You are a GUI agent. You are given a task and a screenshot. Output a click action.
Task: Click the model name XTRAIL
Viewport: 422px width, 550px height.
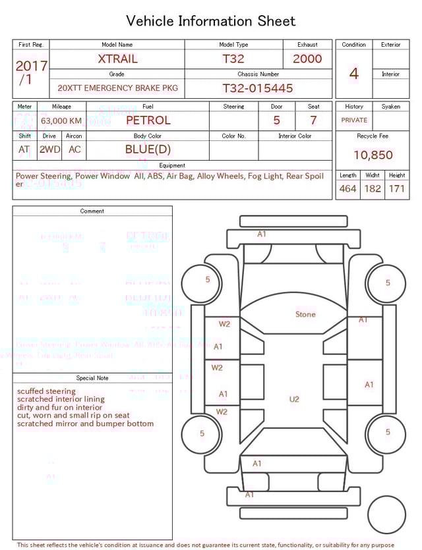tap(117, 59)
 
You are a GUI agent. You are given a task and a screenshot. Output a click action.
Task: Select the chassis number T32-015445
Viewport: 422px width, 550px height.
tap(257, 88)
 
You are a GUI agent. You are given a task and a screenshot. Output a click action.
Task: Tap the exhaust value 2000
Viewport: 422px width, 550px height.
tap(307, 59)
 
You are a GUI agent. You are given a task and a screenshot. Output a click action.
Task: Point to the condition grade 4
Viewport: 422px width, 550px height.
tap(354, 74)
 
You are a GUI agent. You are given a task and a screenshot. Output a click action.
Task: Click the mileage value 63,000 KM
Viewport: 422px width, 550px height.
tap(61, 121)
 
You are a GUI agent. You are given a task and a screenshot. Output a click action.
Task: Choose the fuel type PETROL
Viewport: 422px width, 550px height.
tap(148, 121)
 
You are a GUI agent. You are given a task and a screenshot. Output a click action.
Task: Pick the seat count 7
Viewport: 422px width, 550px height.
tap(313, 121)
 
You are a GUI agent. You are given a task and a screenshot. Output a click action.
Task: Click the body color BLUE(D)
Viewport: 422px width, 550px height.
tap(148, 150)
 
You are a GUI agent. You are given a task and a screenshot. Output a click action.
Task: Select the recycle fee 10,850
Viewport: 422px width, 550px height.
tap(373, 155)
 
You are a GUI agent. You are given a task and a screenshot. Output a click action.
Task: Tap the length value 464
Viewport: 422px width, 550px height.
tap(347, 189)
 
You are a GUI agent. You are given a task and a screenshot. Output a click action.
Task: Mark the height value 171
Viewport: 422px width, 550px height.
tap(396, 189)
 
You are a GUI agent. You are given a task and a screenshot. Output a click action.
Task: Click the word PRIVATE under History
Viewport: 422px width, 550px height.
tap(354, 121)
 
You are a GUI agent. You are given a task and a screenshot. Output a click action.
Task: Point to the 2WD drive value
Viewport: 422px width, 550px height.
tap(49, 150)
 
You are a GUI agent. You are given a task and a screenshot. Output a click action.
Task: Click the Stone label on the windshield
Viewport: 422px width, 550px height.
tap(305, 315)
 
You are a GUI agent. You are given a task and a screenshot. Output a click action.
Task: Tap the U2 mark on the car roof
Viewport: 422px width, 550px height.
tap(294, 399)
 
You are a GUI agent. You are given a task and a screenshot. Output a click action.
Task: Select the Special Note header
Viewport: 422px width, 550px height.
tap(92, 378)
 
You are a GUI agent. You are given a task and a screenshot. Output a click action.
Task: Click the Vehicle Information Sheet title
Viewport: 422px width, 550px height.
tap(211, 21)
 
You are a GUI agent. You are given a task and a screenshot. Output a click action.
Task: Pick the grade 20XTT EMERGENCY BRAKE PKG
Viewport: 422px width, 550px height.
tap(117, 88)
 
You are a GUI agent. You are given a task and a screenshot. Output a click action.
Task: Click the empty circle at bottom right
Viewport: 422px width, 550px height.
tap(386, 514)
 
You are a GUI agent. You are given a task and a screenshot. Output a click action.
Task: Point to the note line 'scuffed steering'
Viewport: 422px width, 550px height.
tap(46, 391)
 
